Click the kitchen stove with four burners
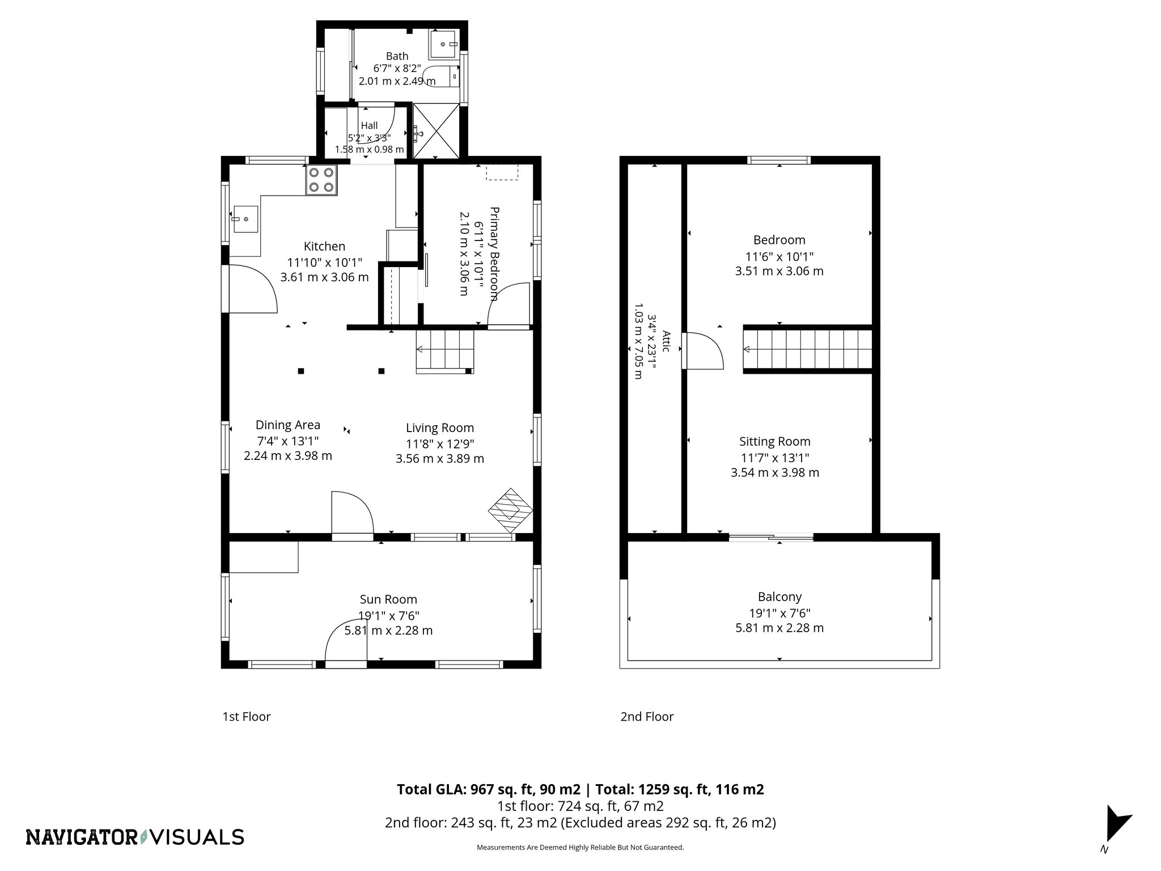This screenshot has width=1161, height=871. pyautogui.click(x=321, y=180)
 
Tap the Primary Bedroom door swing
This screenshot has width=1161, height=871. pyautogui.click(x=509, y=305)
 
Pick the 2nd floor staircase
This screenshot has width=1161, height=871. pyautogui.click(x=808, y=349)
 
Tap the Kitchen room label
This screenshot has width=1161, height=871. pyautogui.click(x=324, y=247)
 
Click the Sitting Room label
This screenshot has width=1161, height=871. pyautogui.click(x=774, y=442)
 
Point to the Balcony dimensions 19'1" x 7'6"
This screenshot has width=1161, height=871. pyautogui.click(x=779, y=613)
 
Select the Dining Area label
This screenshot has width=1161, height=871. pyautogui.click(x=288, y=425)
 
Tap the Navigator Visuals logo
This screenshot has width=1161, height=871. pyautogui.click(x=135, y=837)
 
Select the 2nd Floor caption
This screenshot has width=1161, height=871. pyautogui.click(x=647, y=717)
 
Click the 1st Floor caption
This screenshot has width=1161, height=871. pyautogui.click(x=246, y=717)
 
